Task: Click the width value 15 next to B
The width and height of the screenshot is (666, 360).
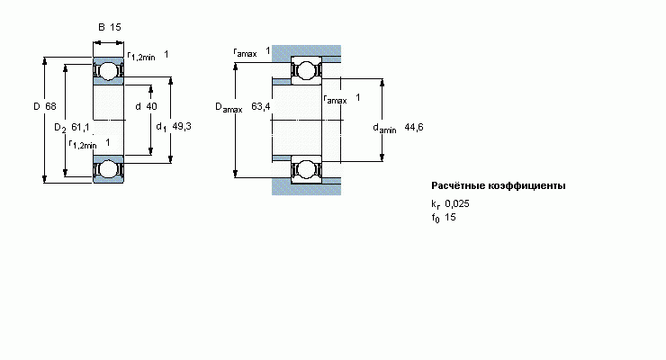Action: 115,27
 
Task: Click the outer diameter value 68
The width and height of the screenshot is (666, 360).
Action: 50,107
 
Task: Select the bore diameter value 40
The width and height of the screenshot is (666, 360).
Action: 151,107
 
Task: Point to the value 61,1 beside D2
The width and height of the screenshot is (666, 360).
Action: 80,127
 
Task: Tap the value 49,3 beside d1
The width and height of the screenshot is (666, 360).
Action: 183,127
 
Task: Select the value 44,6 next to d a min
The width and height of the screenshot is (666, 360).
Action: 414,127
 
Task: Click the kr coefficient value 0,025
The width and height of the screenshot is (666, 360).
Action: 457,203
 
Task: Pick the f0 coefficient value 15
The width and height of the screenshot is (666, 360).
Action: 451,218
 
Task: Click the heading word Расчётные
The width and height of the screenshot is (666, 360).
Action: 459,186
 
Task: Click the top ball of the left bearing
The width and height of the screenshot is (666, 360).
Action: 108,70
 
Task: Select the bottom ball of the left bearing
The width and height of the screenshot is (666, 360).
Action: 108,168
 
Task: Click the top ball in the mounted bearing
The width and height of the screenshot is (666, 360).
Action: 306,69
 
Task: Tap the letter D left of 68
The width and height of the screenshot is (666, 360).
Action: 37,107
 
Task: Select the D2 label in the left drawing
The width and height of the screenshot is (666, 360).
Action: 59,128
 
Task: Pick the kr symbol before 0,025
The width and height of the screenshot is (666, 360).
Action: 436,204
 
